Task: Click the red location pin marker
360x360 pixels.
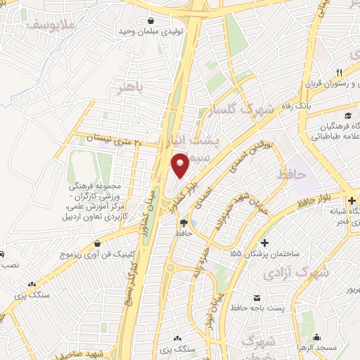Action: coord(181,165)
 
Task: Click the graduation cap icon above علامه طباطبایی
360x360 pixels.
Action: coord(347,115)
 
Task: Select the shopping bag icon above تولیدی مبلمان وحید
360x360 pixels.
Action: coord(150,21)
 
